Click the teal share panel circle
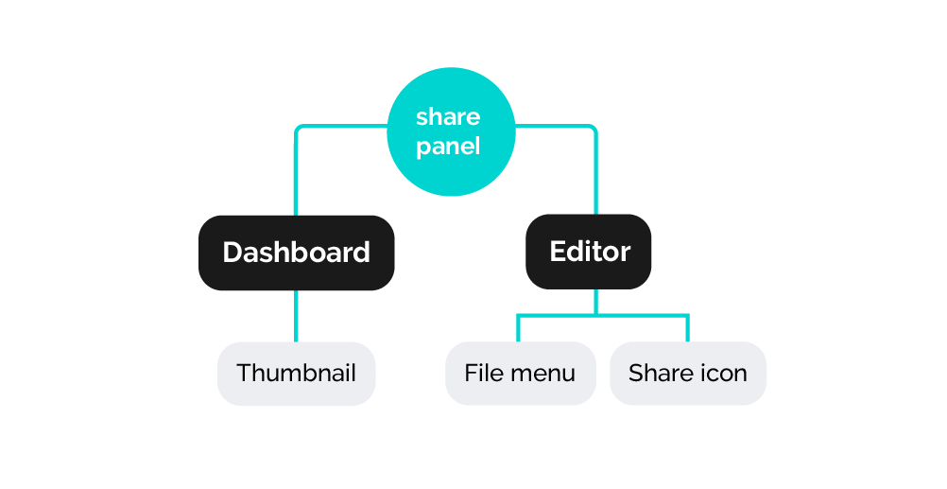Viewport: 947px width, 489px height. pyautogui.click(x=451, y=131)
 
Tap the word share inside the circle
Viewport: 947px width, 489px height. pyautogui.click(x=448, y=116)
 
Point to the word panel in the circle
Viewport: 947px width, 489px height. pyautogui.click(x=448, y=147)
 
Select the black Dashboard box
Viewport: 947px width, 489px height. pyautogui.click(x=297, y=253)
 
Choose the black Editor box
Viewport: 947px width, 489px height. pyautogui.click(x=588, y=252)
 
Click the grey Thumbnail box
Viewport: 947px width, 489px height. pyautogui.click(x=297, y=374)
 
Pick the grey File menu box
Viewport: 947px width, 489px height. pyautogui.click(x=521, y=373)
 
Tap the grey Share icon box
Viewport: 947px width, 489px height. pyautogui.click(x=688, y=373)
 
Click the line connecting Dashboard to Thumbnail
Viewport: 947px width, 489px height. pyautogui.click(x=296, y=316)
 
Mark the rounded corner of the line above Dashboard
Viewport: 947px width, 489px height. pyautogui.click(x=298, y=128)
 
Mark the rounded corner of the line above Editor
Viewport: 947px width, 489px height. pyautogui.click(x=594, y=128)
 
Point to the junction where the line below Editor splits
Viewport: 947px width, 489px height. pyautogui.click(x=596, y=315)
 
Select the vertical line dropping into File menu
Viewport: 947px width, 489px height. pyautogui.click(x=518, y=328)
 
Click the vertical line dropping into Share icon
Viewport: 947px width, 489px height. pyautogui.click(x=687, y=328)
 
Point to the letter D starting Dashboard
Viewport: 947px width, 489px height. pyautogui.click(x=232, y=253)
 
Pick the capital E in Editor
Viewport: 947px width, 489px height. pyautogui.click(x=558, y=252)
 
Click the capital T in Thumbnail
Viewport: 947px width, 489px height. pyautogui.click(x=245, y=373)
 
